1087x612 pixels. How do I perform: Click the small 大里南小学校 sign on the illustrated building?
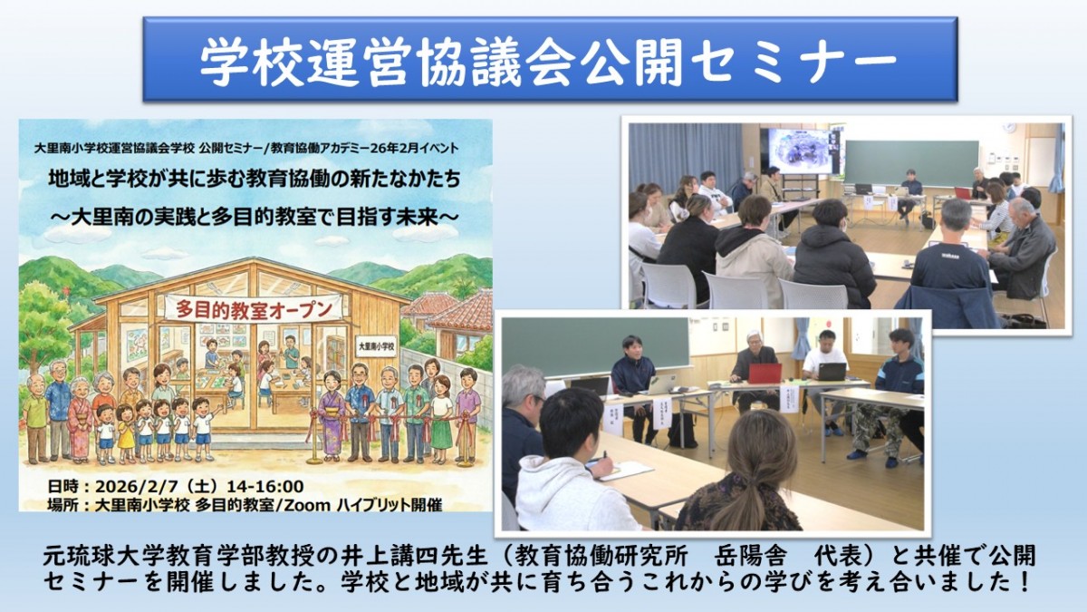click(x=374, y=346)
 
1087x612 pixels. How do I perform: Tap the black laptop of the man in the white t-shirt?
click(x=831, y=371)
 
